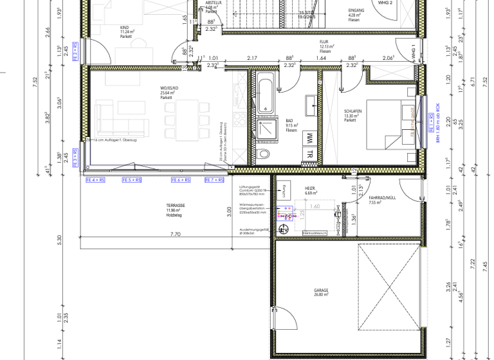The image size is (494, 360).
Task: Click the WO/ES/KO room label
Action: coord(169,87)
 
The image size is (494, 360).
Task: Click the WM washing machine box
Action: coord(309,138)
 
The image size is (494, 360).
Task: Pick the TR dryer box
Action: coord(309,154)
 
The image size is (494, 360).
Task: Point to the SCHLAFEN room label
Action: coord(353,111)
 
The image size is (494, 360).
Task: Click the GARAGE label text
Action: coord(321,291)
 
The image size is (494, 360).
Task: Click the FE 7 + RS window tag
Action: coord(214,181)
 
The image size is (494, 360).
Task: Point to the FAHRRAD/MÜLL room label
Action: coord(382,198)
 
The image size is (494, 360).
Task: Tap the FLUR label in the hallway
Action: coord(324,42)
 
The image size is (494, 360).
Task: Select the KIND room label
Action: coord(124,28)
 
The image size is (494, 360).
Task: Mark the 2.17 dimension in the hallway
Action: coord(252,58)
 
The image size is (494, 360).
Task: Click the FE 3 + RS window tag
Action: coord(75,158)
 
